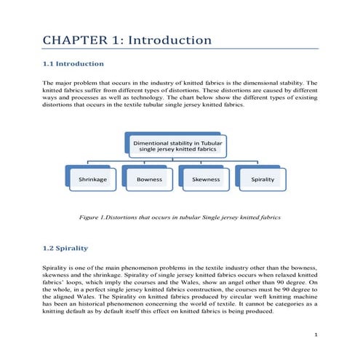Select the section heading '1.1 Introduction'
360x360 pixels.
76,64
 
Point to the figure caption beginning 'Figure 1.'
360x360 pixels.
179,217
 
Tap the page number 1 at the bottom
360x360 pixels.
314,335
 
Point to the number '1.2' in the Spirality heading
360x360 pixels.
49,248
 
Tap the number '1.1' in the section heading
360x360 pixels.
49,64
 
